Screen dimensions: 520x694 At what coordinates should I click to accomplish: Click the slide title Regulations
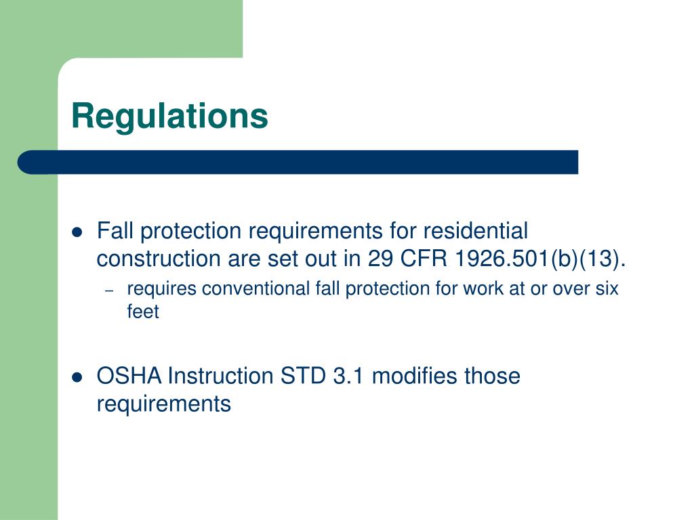pyautogui.click(x=169, y=116)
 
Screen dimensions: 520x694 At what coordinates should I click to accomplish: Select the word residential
pyautogui.click(x=475, y=232)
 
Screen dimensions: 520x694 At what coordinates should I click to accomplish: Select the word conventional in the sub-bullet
pyautogui.click(x=258, y=289)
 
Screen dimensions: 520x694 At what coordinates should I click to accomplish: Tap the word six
pyautogui.click(x=607, y=289)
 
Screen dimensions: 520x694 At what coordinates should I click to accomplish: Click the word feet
pyautogui.click(x=143, y=312)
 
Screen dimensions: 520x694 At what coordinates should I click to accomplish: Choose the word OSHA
pyautogui.click(x=129, y=376)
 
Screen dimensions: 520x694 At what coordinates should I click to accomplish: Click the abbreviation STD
pyautogui.click(x=304, y=376)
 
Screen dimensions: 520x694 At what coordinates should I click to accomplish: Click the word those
pyautogui.click(x=492, y=376)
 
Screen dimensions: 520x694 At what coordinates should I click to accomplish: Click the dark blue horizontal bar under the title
pyautogui.click(x=298, y=162)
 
